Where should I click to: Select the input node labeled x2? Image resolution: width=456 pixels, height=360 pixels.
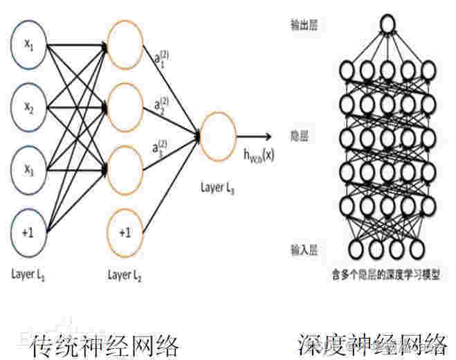pyautogui.click(x=30, y=108)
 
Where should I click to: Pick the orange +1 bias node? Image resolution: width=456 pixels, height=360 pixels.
pyautogui.click(x=126, y=232)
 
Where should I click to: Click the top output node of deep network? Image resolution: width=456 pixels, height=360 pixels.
pyautogui.click(x=388, y=26)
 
